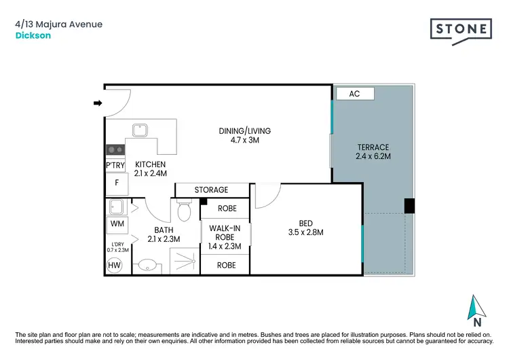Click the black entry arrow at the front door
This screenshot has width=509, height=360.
coord(97,103)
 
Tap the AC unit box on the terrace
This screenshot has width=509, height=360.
coord(354,94)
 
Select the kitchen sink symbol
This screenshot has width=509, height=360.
coord(141,130)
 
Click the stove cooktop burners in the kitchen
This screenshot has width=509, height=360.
coord(115,150)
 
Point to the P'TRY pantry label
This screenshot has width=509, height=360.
coord(115,165)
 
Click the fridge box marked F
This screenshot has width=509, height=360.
coord(117,183)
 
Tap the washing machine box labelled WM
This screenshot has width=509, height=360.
coord(116,223)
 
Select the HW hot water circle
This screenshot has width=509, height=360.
coord(115,266)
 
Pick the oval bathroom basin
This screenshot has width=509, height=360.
coord(148,266)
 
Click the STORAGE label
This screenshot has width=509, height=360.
coord(212,190)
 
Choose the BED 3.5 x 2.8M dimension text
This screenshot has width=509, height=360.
coord(306,228)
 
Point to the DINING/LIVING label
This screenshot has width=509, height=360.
coord(244,135)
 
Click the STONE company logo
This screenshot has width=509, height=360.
coord(461,30)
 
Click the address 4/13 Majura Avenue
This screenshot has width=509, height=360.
coord(58,24)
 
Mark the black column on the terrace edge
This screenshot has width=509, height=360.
coord(409,205)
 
